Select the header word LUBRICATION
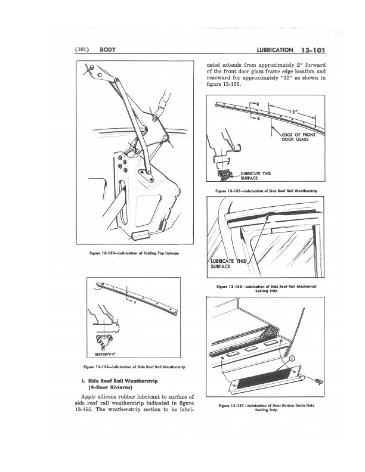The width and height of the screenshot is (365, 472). tap(274, 49)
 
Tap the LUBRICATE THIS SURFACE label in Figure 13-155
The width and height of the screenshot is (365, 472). tap(255, 175)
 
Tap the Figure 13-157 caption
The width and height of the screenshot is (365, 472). tap(268, 408)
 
